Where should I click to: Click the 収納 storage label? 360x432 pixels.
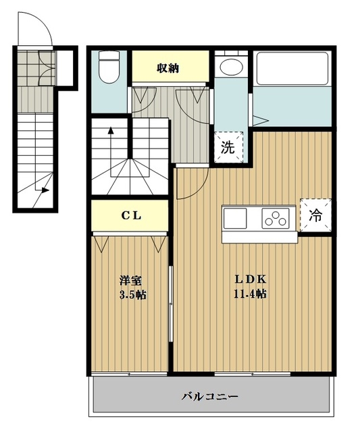[168, 68]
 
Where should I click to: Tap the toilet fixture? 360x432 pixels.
[109, 66]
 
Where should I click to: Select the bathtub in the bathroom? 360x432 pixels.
[292, 69]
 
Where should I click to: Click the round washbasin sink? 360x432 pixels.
[231, 67]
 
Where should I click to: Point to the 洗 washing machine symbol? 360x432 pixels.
[228, 147]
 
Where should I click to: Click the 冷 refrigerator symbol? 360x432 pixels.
[315, 215]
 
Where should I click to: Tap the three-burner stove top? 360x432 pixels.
[276, 219]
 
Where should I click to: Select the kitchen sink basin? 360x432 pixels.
[235, 218]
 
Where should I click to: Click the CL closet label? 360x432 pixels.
[131, 216]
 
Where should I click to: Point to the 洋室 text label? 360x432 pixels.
[130, 281]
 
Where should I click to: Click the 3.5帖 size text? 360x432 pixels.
[132, 295]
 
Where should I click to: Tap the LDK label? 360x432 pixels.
[251, 279]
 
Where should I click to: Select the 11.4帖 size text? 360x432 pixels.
[251, 294]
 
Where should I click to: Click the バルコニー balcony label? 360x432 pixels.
[210, 397]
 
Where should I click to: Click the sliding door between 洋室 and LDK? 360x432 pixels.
[171, 304]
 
